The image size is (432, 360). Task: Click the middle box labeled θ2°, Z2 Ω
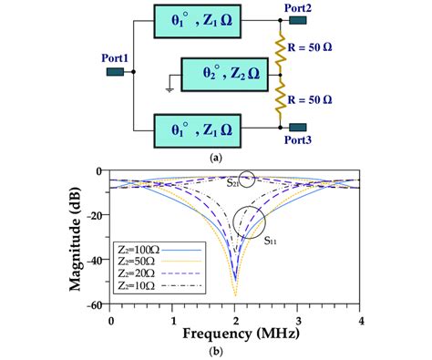coord(222,74)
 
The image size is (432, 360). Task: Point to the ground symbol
coord(170,88)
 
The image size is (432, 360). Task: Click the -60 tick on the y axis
coord(95,306)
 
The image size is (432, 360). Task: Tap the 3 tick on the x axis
coord(297,321)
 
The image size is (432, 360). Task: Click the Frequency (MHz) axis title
coord(234,335)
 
